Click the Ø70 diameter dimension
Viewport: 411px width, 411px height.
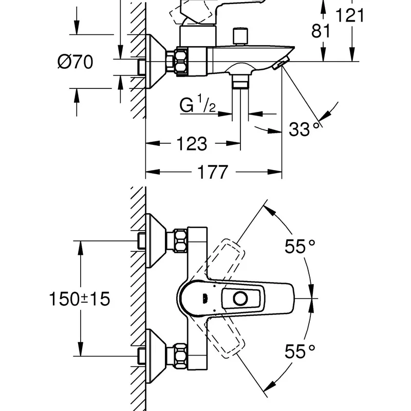(x=75, y=62)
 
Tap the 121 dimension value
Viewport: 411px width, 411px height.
(x=350, y=15)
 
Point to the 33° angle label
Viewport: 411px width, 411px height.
(x=304, y=129)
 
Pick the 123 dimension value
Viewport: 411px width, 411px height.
(x=192, y=144)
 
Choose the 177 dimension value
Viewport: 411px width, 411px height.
(x=212, y=172)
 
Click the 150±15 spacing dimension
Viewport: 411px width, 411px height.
(x=80, y=299)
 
